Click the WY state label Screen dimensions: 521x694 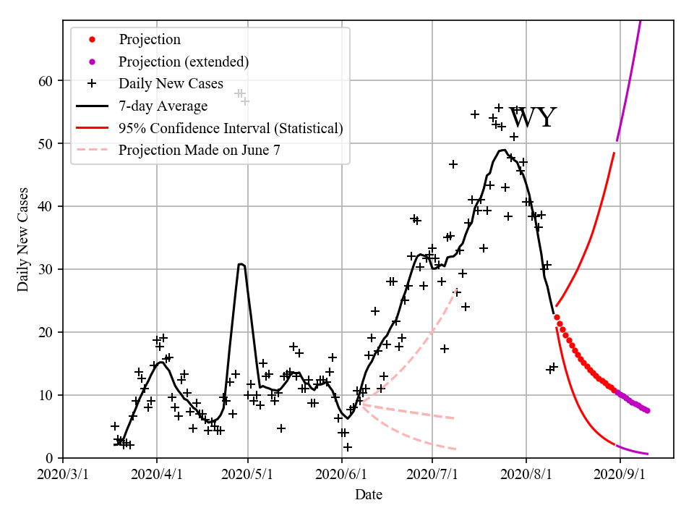click(533, 118)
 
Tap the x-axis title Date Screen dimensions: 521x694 click(369, 495)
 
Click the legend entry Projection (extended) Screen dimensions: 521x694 click(184, 62)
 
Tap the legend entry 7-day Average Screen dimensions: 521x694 click(163, 106)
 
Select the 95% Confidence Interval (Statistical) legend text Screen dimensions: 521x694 click(231, 128)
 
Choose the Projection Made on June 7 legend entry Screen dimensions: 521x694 click(199, 151)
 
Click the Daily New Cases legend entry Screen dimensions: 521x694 click(171, 84)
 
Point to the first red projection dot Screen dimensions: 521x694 click(557, 317)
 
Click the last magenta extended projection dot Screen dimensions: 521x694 click(647, 410)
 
